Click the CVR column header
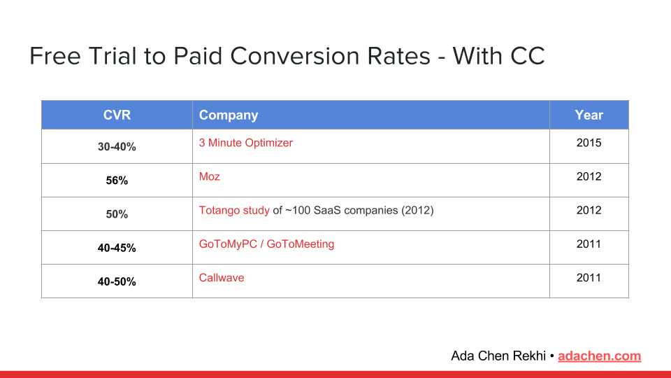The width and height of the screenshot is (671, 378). click(117, 115)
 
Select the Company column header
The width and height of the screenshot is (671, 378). click(229, 115)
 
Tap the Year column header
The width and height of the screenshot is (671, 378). click(589, 115)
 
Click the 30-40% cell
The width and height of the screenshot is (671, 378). click(117, 147)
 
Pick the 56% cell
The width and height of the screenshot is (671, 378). click(117, 181)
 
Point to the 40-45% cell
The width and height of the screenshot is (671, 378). click(117, 248)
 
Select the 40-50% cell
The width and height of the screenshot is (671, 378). click(117, 281)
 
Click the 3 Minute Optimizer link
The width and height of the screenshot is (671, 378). click(245, 143)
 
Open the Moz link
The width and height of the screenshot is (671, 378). click(209, 176)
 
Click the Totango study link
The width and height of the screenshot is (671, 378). click(234, 210)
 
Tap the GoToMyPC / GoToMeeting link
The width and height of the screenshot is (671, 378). click(266, 244)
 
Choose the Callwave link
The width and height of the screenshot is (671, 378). click(222, 277)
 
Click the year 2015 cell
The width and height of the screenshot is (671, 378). click(589, 143)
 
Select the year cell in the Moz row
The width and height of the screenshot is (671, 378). click(589, 176)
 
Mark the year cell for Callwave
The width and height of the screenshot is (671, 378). click(589, 277)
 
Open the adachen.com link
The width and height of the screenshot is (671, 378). click(599, 356)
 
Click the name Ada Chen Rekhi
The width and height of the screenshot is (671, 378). click(498, 356)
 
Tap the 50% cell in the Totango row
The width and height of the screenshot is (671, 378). click(117, 214)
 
